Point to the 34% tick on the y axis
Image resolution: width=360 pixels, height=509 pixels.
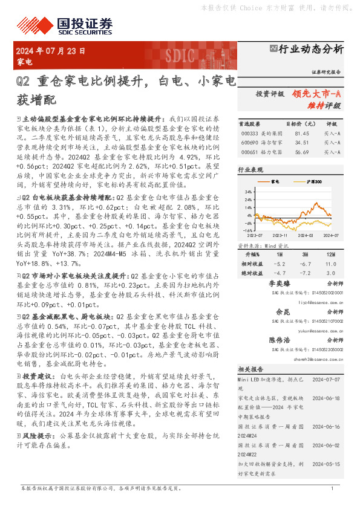coord(249,192)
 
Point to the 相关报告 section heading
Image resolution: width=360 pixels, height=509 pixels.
coord(250,369)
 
